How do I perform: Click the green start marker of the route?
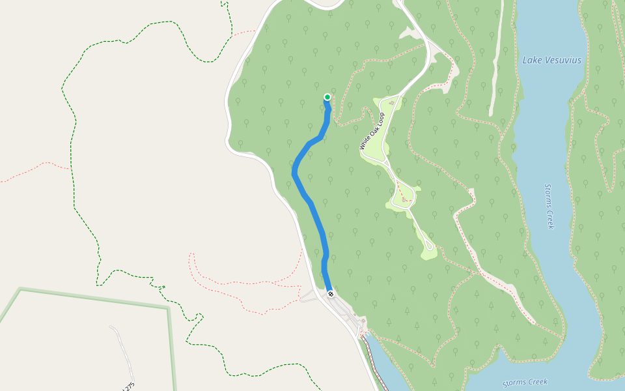327,97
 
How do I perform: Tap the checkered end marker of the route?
331,294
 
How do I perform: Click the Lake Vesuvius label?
552,61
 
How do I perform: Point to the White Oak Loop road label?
372,131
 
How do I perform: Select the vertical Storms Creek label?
549,205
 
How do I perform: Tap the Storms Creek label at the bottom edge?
525,383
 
